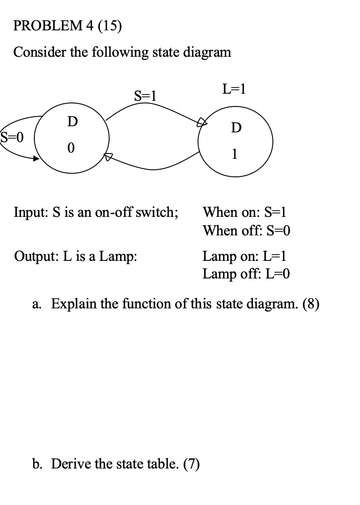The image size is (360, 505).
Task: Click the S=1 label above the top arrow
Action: click(145, 95)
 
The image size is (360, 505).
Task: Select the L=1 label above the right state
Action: click(234, 89)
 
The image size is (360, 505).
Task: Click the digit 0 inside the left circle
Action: click(70, 149)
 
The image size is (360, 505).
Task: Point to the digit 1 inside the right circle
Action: click(235, 154)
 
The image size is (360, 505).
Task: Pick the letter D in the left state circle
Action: click(70, 121)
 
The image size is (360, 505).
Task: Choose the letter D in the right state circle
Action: click(236, 128)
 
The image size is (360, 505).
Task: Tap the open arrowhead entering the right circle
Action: click(201, 123)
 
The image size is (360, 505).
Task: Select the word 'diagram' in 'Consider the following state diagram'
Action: click(206, 52)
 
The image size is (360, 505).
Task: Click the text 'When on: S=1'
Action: click(245, 212)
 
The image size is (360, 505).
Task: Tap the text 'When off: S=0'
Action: click(246, 231)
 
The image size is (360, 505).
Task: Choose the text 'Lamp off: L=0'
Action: click(246, 274)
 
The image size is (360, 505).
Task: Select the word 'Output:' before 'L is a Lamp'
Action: click(33, 256)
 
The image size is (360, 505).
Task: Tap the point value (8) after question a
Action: click(310, 304)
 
